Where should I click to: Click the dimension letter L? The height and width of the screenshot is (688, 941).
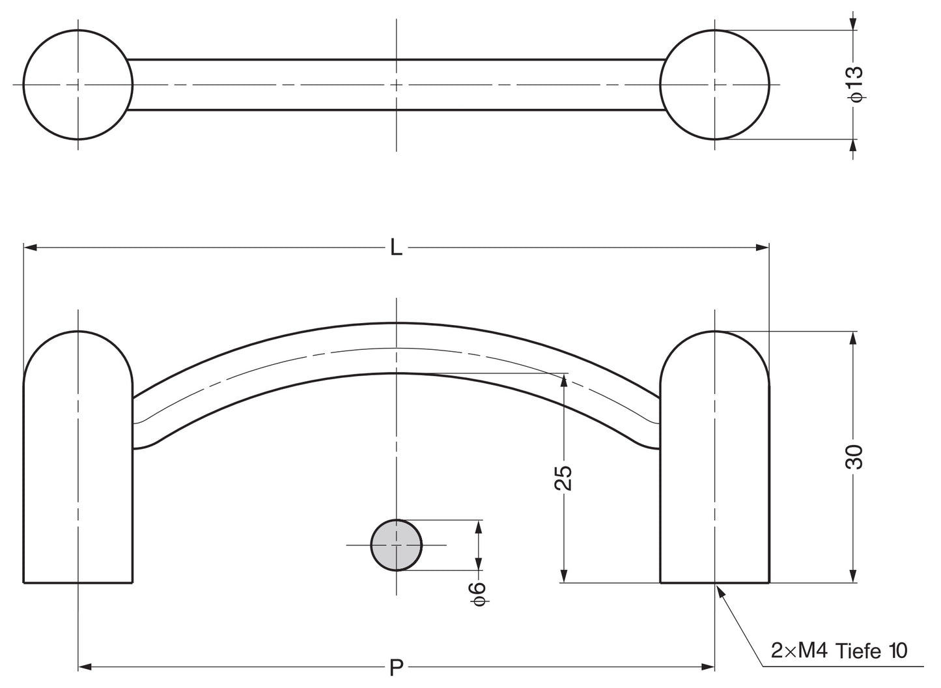tap(396, 247)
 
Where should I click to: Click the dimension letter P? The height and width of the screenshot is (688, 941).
tap(396, 667)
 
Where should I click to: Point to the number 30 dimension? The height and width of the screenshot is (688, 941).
tap(854, 457)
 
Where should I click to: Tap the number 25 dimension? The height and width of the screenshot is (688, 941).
tap(563, 478)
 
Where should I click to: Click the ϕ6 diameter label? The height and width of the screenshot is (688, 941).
tap(479, 594)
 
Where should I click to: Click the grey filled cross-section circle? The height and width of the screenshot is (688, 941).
tap(396, 545)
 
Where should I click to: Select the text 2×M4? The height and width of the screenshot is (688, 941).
tap(799, 651)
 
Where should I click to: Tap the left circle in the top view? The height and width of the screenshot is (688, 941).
tap(78, 85)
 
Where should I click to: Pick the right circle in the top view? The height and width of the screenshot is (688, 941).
tap(714, 85)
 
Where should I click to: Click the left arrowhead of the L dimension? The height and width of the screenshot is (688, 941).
tap(30, 247)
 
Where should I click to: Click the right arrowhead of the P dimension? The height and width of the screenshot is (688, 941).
tap(709, 666)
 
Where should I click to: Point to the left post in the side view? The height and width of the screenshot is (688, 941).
tap(78, 457)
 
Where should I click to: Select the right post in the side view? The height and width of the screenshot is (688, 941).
tap(714, 457)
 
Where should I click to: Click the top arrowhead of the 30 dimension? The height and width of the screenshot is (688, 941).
tap(853, 338)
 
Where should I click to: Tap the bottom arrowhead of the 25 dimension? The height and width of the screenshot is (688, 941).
tap(564, 576)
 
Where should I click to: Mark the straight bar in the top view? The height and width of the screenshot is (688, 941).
tap(396, 85)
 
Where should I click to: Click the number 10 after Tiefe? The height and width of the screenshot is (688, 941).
tap(897, 651)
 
